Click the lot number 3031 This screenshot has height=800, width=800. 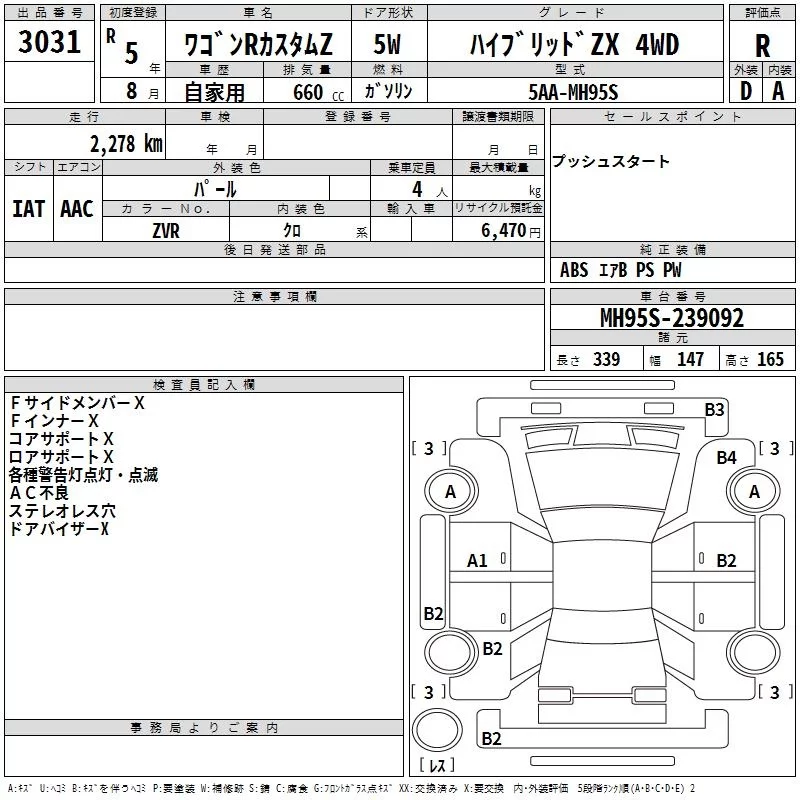tap(49, 43)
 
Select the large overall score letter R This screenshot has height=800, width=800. tap(762, 45)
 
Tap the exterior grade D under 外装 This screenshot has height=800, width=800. tap(745, 90)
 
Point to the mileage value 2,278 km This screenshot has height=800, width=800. tap(125, 143)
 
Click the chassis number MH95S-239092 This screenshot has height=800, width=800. tap(671, 318)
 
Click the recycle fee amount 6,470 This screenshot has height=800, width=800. tap(505, 230)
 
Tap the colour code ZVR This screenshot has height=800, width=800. tap(166, 230)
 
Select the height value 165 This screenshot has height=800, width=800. tap(770, 360)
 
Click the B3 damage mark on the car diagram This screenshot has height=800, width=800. tap(714, 409)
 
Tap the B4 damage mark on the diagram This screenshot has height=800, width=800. tap(726, 457)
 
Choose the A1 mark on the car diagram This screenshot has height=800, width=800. tap(477, 561)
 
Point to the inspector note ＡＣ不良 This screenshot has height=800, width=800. tap(39, 493)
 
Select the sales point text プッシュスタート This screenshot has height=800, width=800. tap(611, 162)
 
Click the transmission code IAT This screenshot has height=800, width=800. tap(28, 209)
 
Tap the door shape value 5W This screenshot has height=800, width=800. tap(388, 45)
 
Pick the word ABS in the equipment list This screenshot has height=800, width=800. tap(574, 270)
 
